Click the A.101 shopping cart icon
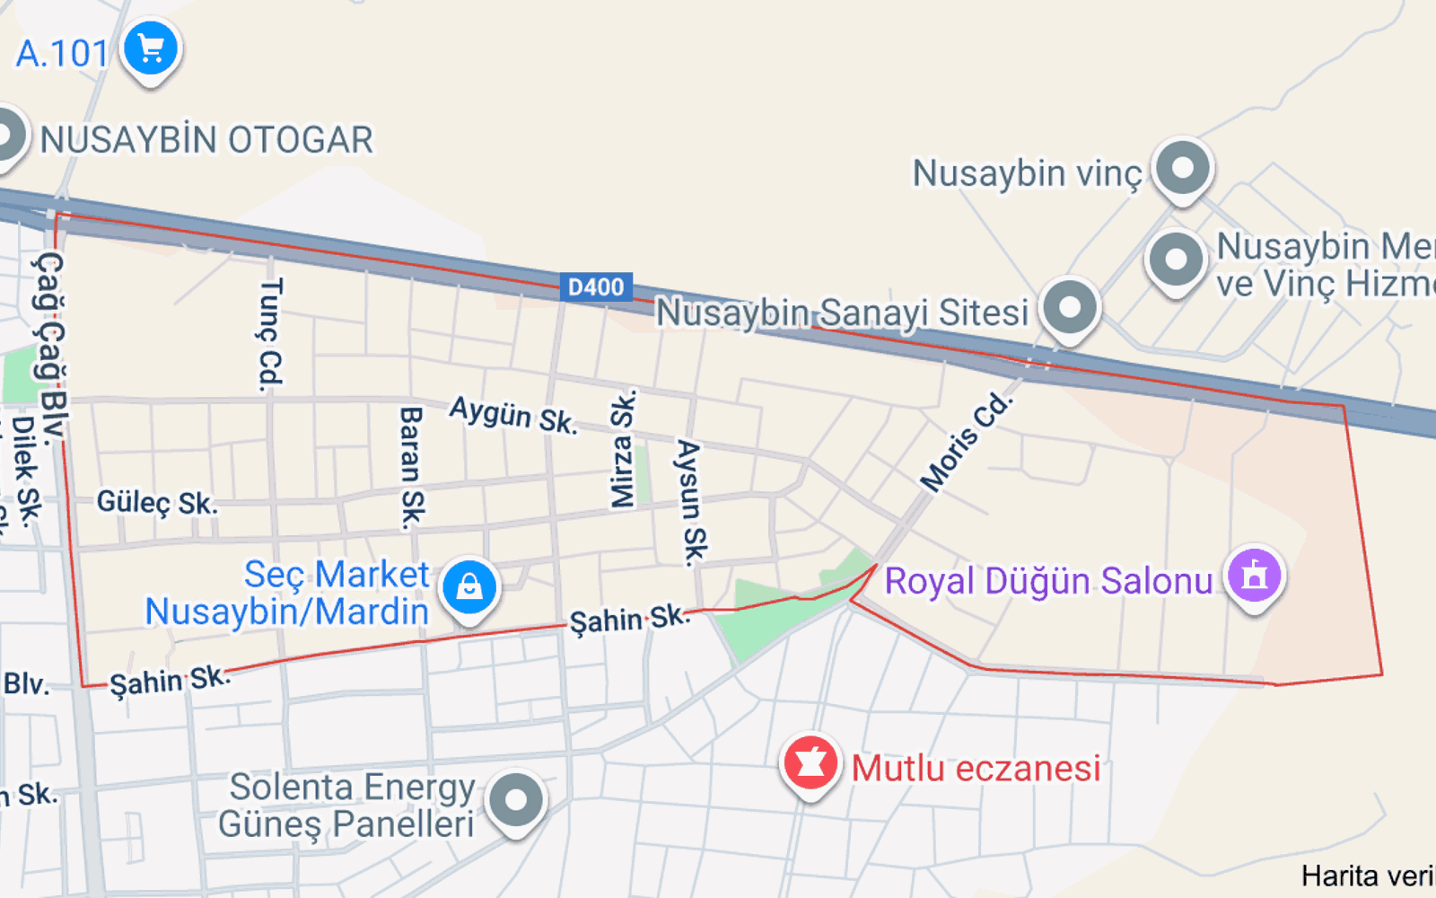pos(151,49)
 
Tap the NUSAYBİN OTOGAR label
pos(206,140)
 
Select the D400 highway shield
pos(596,287)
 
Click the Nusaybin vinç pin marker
pos(1183,168)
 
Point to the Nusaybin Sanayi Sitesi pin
pos(1070,307)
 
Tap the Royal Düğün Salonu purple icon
pos(1255,575)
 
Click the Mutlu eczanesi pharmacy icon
pos(810,764)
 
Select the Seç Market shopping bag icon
pos(468,587)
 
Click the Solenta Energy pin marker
pos(516,799)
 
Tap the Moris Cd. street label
pos(967,442)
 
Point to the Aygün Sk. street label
pos(513,415)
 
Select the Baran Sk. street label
pos(411,467)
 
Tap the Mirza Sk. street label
pos(623,449)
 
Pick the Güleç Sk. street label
pos(157,503)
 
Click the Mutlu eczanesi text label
pos(976,769)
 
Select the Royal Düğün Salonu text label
pos(1048,581)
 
